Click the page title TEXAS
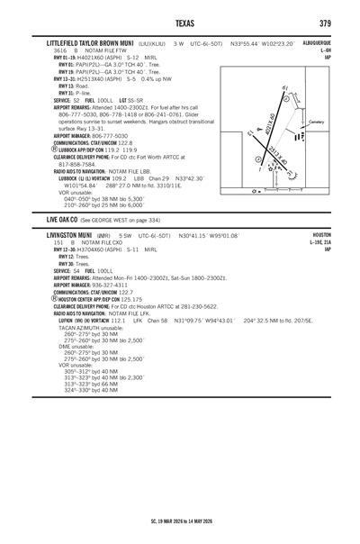tap(179, 23)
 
